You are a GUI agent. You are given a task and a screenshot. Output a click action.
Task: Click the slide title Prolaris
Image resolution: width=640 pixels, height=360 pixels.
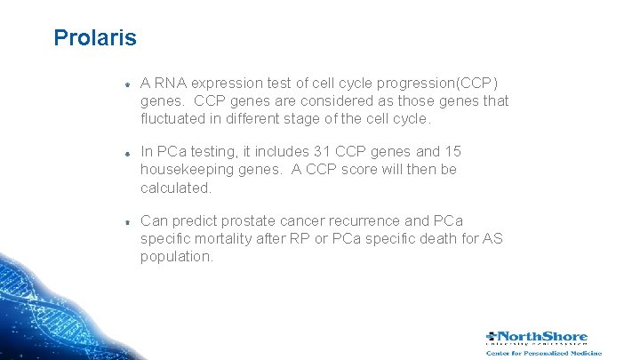(94, 38)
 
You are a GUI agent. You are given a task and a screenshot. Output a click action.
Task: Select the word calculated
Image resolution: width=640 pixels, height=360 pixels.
(175, 187)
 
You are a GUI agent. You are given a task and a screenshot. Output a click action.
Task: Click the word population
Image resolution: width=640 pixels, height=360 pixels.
(176, 256)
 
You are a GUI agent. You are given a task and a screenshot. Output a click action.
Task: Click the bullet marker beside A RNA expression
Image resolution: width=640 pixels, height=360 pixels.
(127, 84)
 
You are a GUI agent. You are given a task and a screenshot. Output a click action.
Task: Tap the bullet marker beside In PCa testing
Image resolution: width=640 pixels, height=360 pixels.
(127, 153)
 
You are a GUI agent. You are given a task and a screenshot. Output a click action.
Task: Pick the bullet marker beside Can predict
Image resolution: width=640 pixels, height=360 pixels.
(127, 221)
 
